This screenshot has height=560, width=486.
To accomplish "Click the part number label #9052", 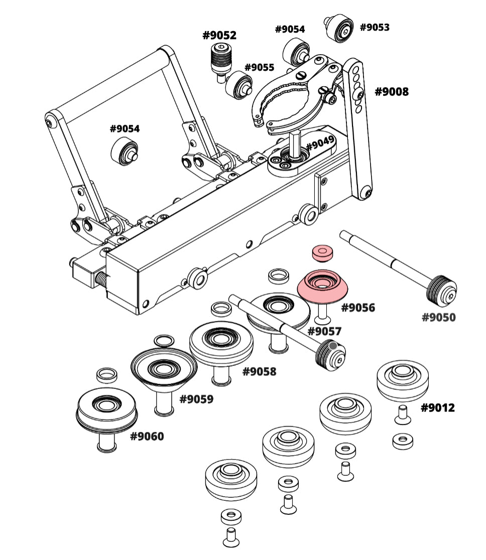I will pyautogui.click(x=219, y=36).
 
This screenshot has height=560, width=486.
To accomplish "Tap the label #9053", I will pyautogui.click(x=375, y=27).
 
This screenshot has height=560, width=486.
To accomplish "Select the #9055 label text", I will pyautogui.click(x=259, y=67).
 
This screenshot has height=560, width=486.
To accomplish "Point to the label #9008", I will pyautogui.click(x=392, y=92).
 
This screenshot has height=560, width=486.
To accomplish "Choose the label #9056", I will pyautogui.click(x=358, y=307).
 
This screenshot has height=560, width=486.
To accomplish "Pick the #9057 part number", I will pyautogui.click(x=324, y=331).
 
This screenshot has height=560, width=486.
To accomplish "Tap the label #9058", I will pyautogui.click(x=259, y=371).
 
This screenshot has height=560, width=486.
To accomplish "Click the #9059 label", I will pyautogui.click(x=196, y=399).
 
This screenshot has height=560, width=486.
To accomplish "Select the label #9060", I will pyautogui.click(x=147, y=436).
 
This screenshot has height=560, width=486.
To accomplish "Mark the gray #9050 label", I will pyautogui.click(x=438, y=317).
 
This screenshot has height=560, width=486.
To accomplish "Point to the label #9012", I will pyautogui.click(x=437, y=408).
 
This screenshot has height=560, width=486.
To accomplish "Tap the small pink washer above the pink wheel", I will pyautogui.click(x=322, y=252).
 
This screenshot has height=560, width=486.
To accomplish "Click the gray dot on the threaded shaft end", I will pyautogui.click(x=332, y=345).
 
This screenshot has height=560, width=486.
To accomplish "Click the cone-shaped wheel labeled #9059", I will pyautogui.click(x=164, y=370).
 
